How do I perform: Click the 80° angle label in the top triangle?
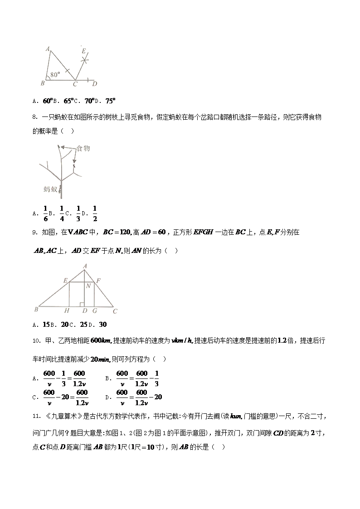click(x=55, y=75)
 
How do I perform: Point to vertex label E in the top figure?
click(x=83, y=51)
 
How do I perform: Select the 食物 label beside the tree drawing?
click(x=83, y=148)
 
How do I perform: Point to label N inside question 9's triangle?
click(x=88, y=286)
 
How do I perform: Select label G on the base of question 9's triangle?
click(x=94, y=311)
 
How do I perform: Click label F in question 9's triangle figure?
click(x=98, y=281)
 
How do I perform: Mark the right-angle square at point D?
click(x=81, y=304)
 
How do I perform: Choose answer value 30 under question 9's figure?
click(x=102, y=325)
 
